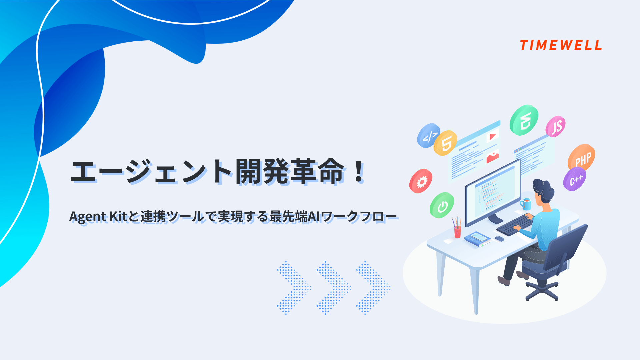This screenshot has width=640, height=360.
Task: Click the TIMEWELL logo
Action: click(561, 45)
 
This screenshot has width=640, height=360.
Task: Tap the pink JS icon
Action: click(556, 127)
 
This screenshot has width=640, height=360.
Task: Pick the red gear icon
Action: click(421, 181)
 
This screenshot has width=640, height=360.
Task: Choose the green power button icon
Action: click(442, 205)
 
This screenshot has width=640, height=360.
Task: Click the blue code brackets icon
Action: click(429, 135)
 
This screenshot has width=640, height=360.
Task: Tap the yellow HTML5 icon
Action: click(446, 143)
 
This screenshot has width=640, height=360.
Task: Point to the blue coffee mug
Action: click(526, 204)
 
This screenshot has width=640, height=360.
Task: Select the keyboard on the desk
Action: click(514, 225)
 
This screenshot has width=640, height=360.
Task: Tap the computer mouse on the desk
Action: click(499, 239)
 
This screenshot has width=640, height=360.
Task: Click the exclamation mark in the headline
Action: click(359, 171)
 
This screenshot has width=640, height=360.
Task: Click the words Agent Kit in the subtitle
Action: click(98, 217)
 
